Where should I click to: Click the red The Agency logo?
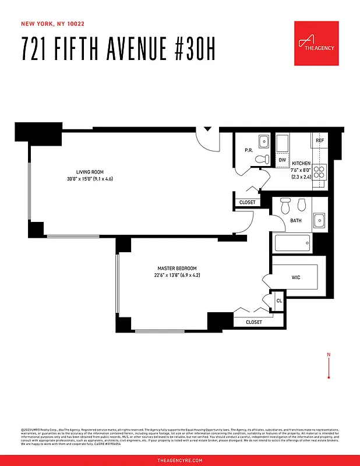tap(316, 44)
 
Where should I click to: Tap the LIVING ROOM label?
tap(90, 172)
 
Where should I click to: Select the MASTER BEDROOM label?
tap(177, 268)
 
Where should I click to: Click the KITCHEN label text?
tap(301, 164)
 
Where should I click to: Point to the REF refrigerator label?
tap(319, 141)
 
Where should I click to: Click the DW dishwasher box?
tap(282, 160)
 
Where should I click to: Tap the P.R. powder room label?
tap(248, 151)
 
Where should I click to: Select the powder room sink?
tap(263, 141)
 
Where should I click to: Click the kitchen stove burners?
tap(320, 172)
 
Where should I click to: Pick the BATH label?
tap(296, 221)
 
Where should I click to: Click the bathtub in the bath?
tap(293, 243)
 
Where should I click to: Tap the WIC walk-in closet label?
tap(296, 278)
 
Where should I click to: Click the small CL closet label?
tap(278, 301)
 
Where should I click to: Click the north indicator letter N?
tap(329, 355)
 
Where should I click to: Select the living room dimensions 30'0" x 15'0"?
tap(90, 179)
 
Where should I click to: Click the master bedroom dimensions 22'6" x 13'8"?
tap(177, 275)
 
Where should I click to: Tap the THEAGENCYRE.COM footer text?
tap(180, 460)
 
